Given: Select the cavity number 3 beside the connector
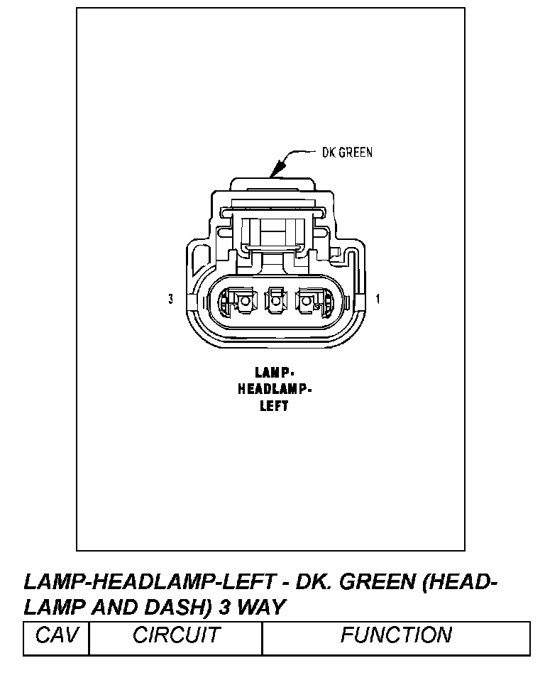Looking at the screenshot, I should click(171, 300).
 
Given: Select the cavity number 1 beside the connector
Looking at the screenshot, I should click(378, 300).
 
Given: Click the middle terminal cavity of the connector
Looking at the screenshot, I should click(275, 302).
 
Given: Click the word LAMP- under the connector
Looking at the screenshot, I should click(274, 372).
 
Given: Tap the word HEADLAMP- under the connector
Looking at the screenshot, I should click(275, 389).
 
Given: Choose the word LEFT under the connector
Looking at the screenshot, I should click(274, 407).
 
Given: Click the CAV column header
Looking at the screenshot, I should click(56, 635).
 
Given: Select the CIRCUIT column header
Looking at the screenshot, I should click(176, 635).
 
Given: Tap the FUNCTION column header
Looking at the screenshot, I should click(396, 635).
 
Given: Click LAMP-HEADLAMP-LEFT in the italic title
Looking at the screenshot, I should click(149, 583).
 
